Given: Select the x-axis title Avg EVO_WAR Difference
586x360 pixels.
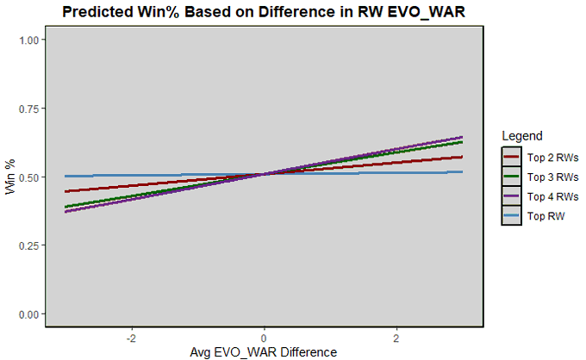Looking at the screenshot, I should [x=264, y=351].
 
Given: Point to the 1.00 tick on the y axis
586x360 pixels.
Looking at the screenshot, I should [x=28, y=40].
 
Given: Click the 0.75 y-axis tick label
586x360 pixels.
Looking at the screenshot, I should [x=28, y=109].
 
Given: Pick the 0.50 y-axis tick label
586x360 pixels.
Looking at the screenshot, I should [x=28, y=177].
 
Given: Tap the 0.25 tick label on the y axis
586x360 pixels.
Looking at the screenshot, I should [x=28, y=245].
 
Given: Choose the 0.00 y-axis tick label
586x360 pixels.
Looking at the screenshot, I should [x=28, y=313].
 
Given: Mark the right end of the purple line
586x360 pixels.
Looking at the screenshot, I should [x=463, y=137].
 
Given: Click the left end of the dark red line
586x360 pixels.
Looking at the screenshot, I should [x=65, y=191].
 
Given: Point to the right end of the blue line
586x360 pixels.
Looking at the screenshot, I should [x=463, y=172].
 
